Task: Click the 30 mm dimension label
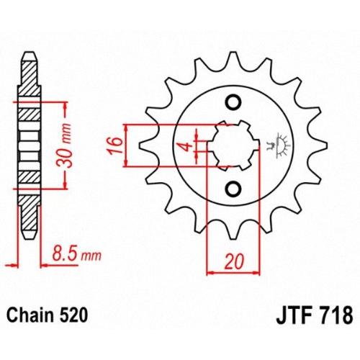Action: pos(64,145)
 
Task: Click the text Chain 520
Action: pos(47,315)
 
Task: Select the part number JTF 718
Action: pos(315,315)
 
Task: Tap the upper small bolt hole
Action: pos(233,103)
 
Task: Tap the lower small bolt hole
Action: pos(233,189)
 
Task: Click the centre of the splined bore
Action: pos(233,145)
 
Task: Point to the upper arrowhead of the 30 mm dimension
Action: pos(66,107)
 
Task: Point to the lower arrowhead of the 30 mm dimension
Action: pos(66,184)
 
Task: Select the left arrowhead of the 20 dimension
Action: pos(211,273)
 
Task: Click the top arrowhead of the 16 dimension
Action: pos(126,129)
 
